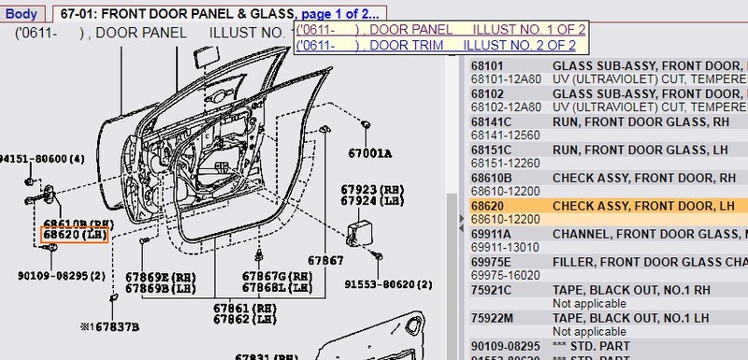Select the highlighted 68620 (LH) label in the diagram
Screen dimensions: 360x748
point(75,236)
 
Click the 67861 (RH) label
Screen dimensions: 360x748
point(245,308)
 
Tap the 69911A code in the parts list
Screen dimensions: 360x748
point(492,233)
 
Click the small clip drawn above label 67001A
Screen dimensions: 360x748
point(367,125)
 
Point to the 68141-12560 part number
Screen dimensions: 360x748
point(507,135)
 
